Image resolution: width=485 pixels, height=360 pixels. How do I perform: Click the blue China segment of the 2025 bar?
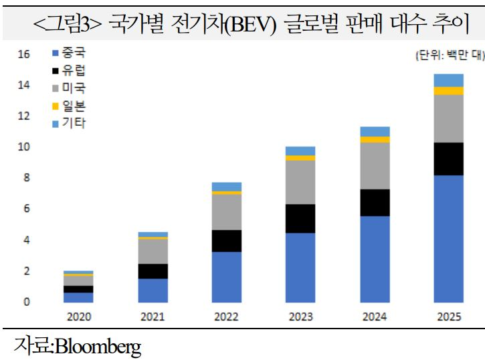pyautogui.click(x=448, y=238)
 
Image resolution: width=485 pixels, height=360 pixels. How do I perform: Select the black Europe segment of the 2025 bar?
pyautogui.click(x=448, y=159)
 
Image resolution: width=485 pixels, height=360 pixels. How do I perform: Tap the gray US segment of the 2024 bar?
pyautogui.click(x=375, y=166)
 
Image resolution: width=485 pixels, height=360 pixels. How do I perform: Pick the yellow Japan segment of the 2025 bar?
pyautogui.click(x=448, y=91)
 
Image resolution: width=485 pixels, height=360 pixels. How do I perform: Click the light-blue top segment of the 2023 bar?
pyautogui.click(x=300, y=151)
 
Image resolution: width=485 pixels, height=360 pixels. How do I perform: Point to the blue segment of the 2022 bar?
pyautogui.click(x=227, y=276)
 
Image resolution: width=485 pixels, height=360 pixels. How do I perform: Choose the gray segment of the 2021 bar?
pyautogui.click(x=153, y=251)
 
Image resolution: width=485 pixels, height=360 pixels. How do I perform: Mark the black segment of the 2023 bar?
pyautogui.click(x=300, y=218)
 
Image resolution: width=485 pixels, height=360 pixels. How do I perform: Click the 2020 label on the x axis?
pyautogui.click(x=79, y=317)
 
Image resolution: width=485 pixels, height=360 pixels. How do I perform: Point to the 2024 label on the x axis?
pyautogui.click(x=375, y=317)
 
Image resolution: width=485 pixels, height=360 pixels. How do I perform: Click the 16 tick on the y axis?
pyautogui.click(x=23, y=54)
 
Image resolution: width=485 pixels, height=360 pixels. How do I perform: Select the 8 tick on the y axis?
pyautogui.click(x=26, y=178)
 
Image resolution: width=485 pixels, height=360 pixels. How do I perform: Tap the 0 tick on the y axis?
pyautogui.click(x=26, y=302)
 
